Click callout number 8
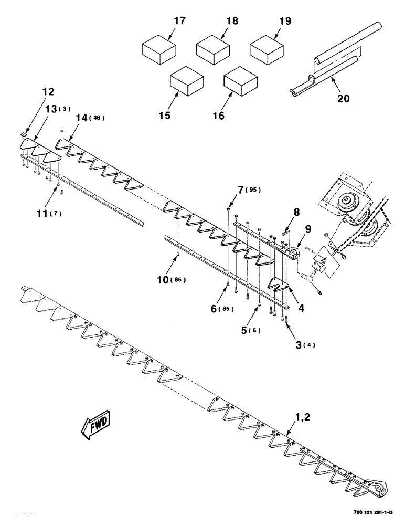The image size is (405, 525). (296, 213)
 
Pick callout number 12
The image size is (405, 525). (48, 91)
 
